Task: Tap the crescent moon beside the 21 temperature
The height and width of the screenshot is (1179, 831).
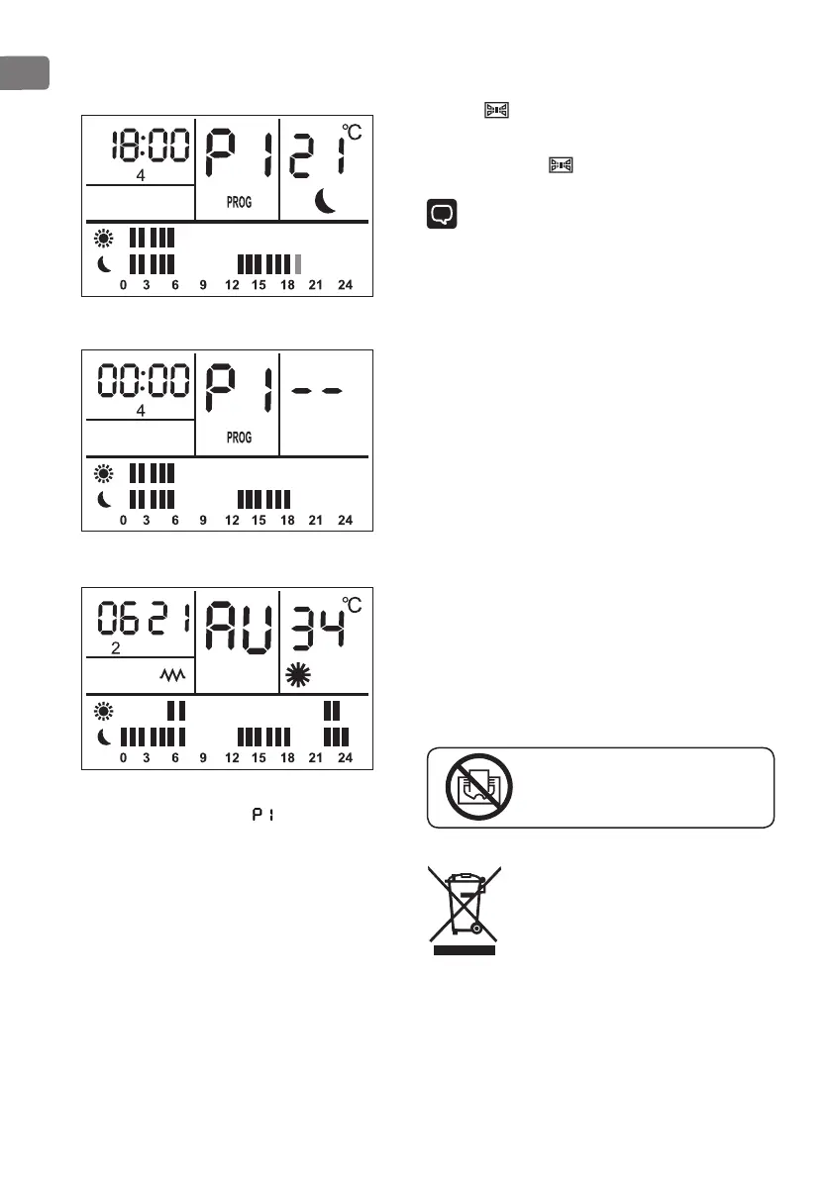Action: click(327, 201)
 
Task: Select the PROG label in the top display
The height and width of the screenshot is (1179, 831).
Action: click(239, 202)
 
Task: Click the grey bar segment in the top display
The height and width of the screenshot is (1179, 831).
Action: click(299, 264)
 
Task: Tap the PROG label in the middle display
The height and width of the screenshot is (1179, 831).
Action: click(239, 437)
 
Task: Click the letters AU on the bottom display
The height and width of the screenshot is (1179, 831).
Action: click(238, 627)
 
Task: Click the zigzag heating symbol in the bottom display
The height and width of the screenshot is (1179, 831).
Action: click(174, 675)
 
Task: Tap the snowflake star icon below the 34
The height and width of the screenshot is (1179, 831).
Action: click(298, 676)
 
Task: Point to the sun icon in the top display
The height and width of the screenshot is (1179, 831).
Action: click(104, 238)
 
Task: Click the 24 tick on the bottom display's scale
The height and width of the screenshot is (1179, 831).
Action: click(345, 758)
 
